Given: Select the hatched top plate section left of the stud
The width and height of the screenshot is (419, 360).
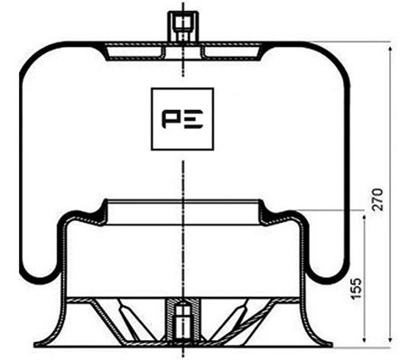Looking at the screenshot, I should [x=135, y=52].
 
